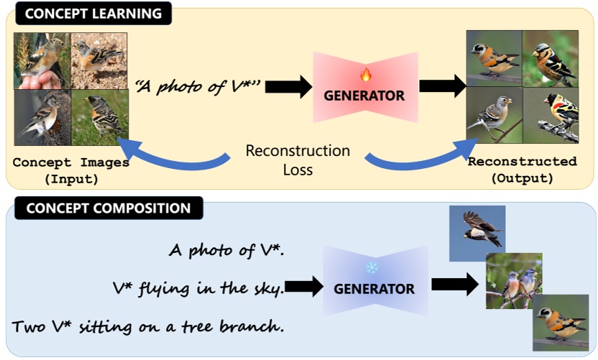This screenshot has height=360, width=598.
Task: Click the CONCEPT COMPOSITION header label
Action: tap(108, 209)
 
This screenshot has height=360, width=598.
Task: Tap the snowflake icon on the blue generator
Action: tap(372, 267)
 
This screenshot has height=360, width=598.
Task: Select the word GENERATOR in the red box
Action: tap(365, 95)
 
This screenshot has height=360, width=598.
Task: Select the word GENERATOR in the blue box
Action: tap(374, 290)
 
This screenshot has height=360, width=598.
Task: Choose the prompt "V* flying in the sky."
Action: tap(198, 289)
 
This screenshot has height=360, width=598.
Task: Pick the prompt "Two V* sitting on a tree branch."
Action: tap(147, 326)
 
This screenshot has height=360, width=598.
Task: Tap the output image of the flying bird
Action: tap(477, 233)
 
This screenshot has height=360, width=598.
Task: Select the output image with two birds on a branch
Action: tap(513, 281)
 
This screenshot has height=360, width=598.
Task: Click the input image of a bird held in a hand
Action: tap(42, 59)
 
